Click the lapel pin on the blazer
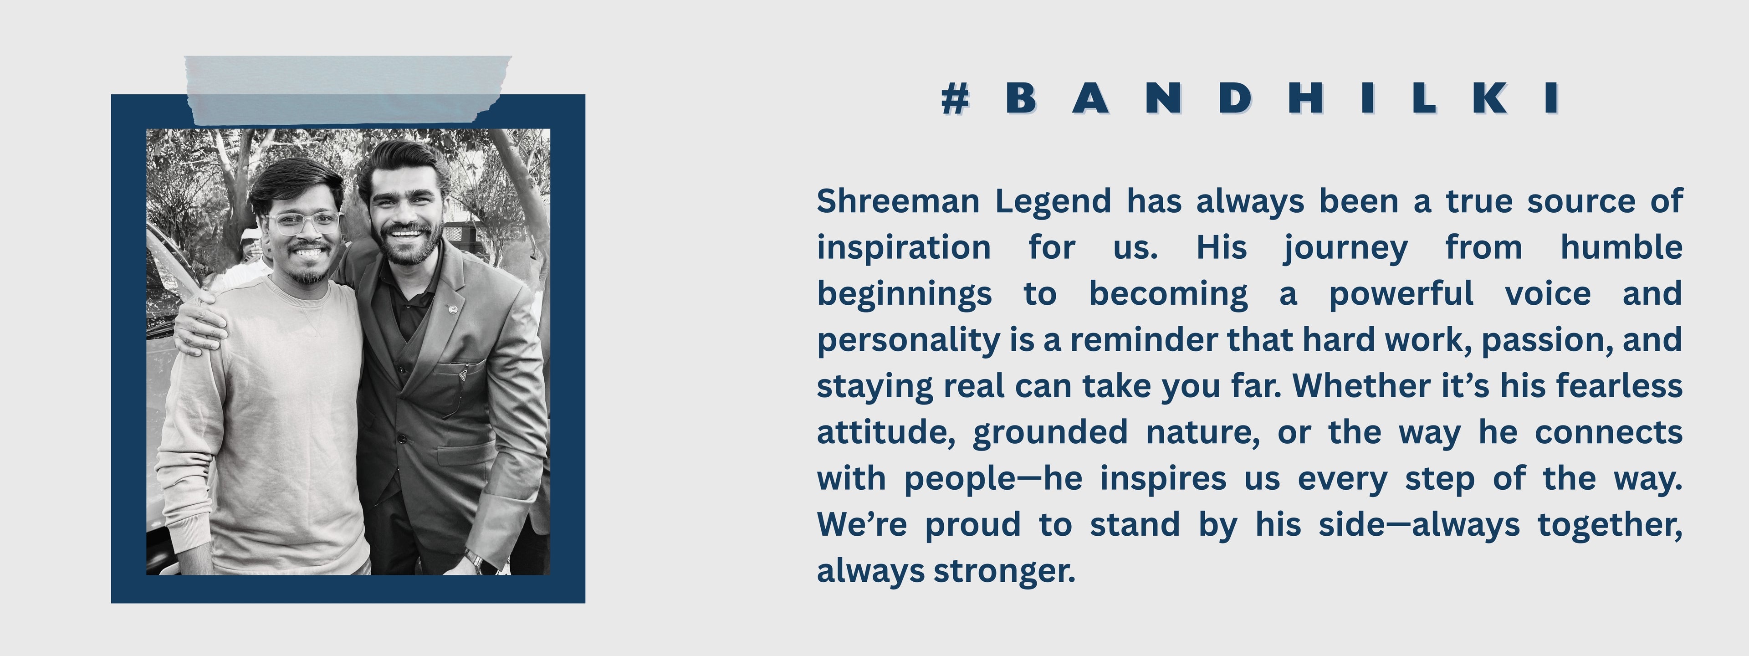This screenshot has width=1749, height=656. coord(452,309)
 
